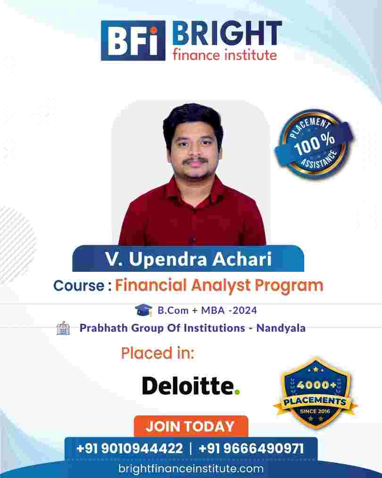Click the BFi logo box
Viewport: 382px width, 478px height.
(133, 41)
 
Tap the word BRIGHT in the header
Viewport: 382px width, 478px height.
(227, 33)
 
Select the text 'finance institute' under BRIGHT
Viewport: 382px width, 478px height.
(225, 55)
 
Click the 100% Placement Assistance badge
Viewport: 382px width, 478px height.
(314, 143)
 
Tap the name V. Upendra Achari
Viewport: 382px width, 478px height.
(188, 259)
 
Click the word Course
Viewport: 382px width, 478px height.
(79, 285)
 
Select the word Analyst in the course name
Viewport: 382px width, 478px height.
(221, 286)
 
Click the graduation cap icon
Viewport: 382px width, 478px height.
(143, 310)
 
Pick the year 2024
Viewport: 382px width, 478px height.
(244, 310)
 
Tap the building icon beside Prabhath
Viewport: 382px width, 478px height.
(63, 328)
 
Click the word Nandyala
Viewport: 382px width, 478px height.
(281, 328)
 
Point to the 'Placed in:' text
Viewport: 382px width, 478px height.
(158, 353)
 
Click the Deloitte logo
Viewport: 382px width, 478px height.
(191, 386)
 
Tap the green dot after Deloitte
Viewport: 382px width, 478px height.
(237, 392)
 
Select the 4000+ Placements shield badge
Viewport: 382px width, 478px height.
(316, 393)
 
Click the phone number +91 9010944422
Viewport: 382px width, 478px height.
(130, 448)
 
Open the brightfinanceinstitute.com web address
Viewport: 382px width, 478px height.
(191, 469)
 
